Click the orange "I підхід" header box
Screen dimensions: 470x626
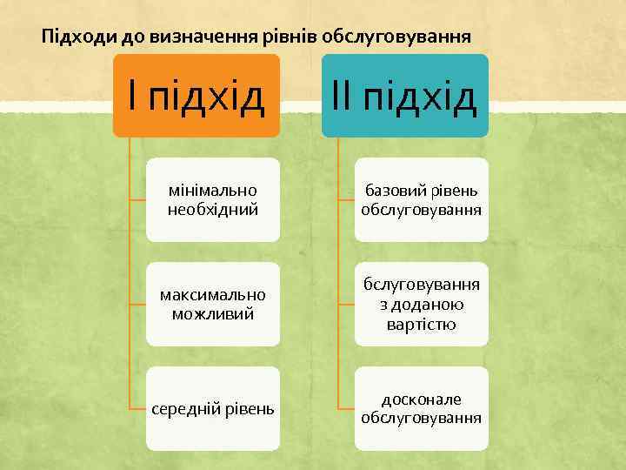[196, 96]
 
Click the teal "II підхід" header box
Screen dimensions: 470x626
[405, 96]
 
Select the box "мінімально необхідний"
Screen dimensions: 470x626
[213, 199]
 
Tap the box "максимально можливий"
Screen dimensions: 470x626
[213, 304]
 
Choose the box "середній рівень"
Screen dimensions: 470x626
[213, 408]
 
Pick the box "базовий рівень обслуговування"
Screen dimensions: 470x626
[423, 199]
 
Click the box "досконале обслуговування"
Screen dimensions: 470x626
[423, 408]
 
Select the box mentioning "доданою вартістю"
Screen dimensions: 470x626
[423, 304]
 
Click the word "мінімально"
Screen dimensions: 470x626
[213, 190]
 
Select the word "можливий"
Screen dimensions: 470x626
[213, 313]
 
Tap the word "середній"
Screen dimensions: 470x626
[182, 408]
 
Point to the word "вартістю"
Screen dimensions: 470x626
[423, 324]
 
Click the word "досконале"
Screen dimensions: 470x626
[423, 399]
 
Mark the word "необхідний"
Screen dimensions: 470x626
[213, 210]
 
